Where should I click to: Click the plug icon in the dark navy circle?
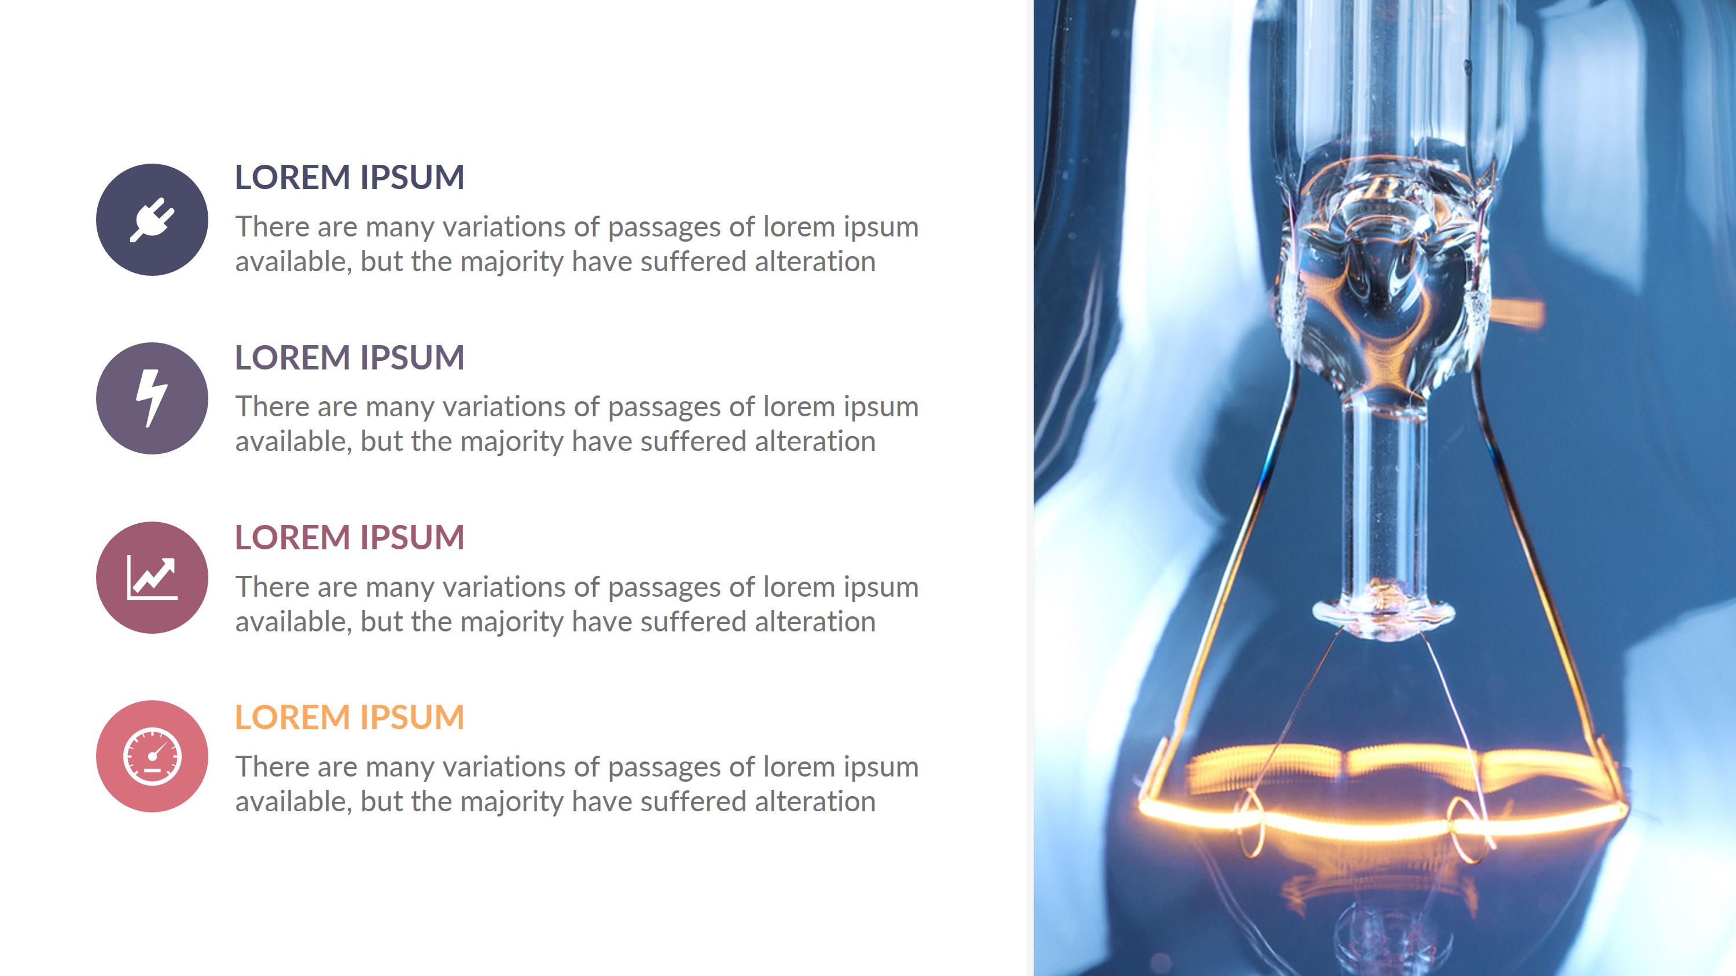pyautogui.click(x=152, y=220)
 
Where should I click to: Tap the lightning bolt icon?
pyautogui.click(x=152, y=398)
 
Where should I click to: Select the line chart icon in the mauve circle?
pyautogui.click(x=152, y=578)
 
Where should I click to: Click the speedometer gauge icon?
pyautogui.click(x=152, y=756)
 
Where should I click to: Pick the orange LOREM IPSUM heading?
pyautogui.click(x=349, y=718)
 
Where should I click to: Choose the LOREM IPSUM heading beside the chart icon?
pyautogui.click(x=349, y=538)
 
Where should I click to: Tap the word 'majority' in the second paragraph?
pyautogui.click(x=512, y=442)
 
